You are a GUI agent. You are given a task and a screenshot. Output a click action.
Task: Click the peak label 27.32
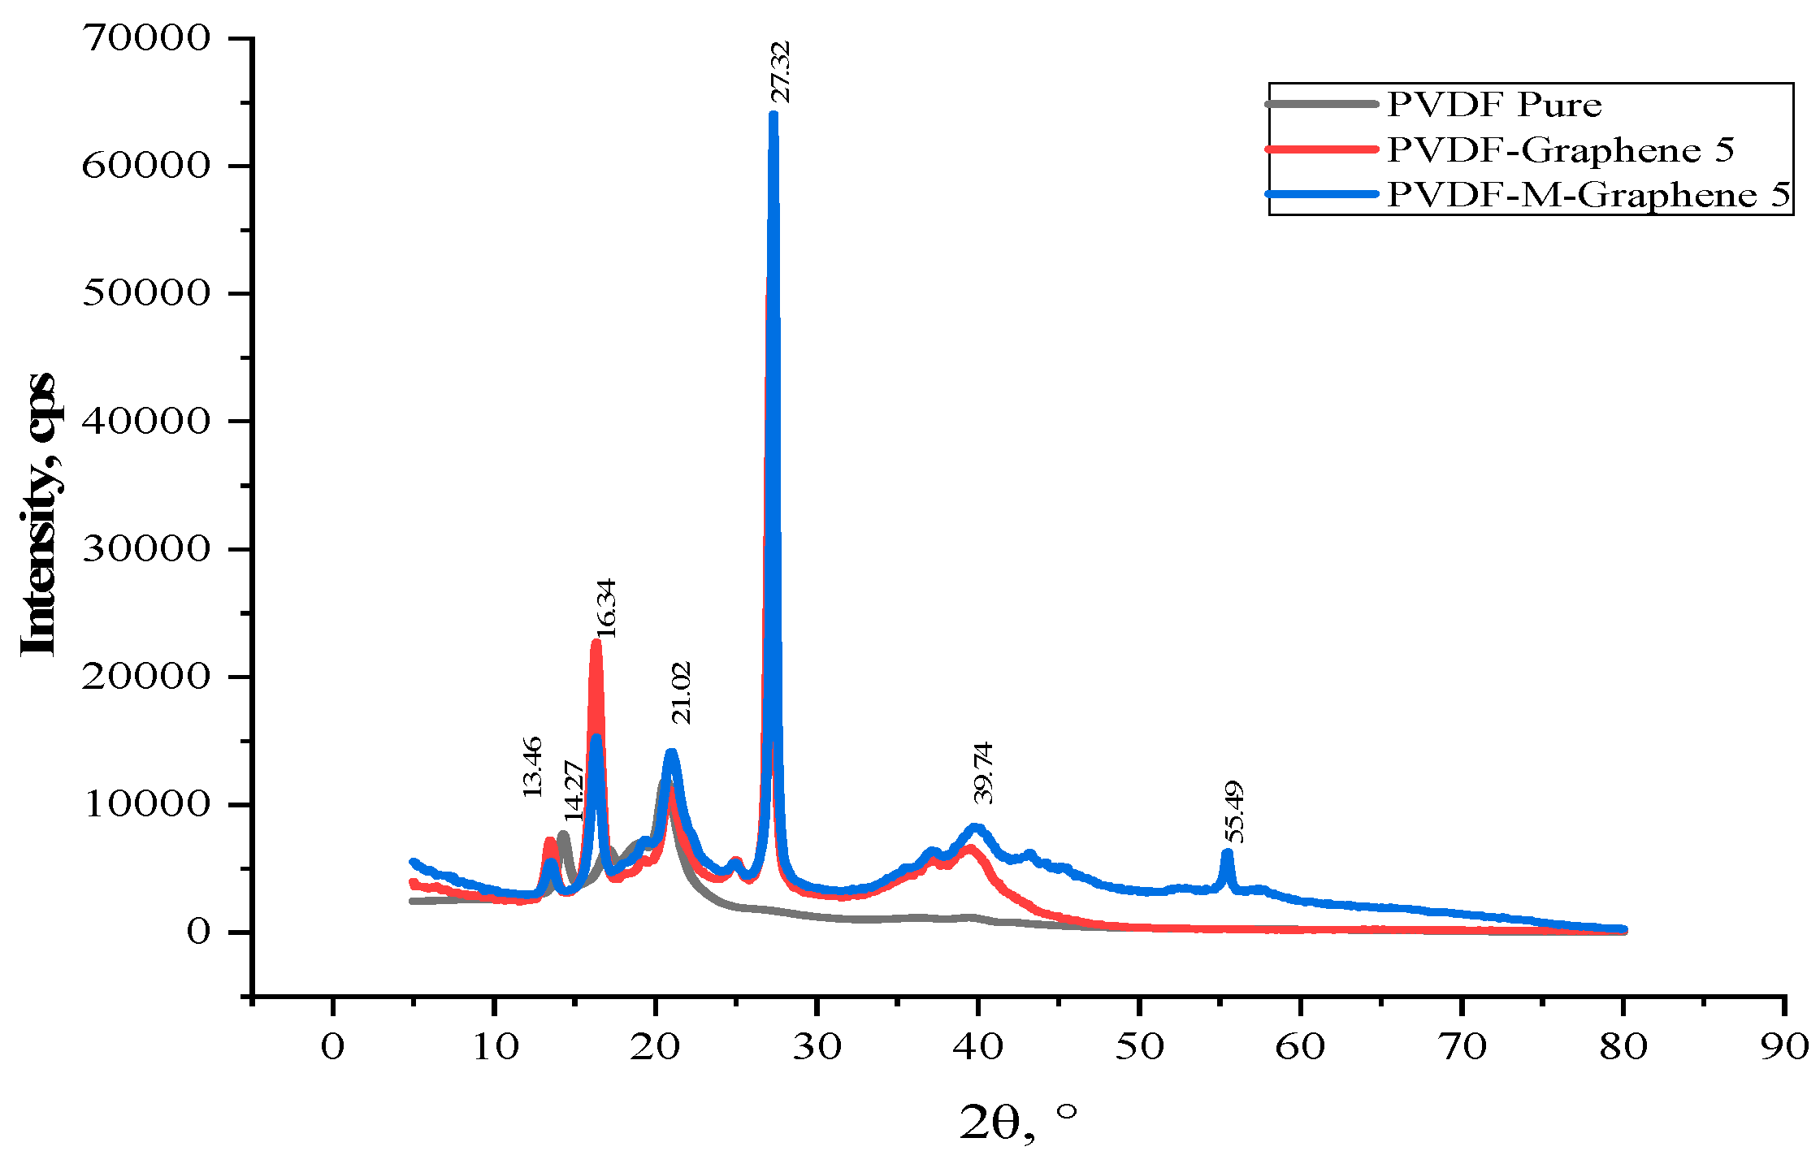coord(780,73)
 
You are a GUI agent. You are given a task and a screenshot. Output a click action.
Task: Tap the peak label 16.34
coord(606,608)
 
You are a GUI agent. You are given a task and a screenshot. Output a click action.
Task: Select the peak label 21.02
coord(681,693)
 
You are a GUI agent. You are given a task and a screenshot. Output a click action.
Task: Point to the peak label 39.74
coord(983,772)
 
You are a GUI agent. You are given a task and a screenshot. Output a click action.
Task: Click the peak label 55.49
coord(1234,811)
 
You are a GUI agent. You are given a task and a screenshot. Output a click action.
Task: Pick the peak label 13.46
coord(531,767)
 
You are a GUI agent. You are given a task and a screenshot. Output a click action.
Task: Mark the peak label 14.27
coord(574,790)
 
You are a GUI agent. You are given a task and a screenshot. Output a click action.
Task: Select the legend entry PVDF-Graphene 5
coord(1560,149)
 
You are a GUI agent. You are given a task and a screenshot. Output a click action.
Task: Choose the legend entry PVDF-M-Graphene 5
coord(1588,195)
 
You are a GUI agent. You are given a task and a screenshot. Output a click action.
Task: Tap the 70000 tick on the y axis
coord(146,38)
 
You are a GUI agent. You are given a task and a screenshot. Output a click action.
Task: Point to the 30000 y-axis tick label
coord(146,549)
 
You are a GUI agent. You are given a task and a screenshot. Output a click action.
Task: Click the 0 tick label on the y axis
coord(198,932)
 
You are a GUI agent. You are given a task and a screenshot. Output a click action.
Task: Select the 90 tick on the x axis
coord(1784,1048)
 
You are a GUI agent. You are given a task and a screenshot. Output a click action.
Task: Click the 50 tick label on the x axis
coord(1139,1048)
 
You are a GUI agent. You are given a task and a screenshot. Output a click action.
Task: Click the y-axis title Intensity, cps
coord(38,513)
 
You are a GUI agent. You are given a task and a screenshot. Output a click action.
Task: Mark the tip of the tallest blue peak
coord(773,115)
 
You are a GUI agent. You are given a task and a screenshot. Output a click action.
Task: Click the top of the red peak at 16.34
coord(596,643)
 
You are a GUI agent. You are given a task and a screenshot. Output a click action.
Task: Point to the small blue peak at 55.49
coord(1227,853)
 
